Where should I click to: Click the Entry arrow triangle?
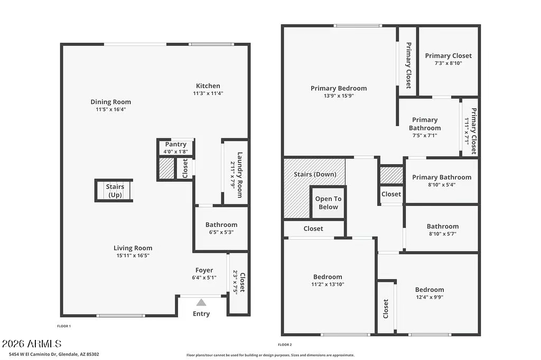click(x=201, y=302)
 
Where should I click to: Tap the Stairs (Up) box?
click(x=114, y=191)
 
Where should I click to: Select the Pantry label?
click(x=175, y=144)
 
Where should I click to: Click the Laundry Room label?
click(x=239, y=175)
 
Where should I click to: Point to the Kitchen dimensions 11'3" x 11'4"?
click(x=208, y=93)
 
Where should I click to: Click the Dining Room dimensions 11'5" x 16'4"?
click(x=110, y=109)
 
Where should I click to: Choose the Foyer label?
click(x=204, y=270)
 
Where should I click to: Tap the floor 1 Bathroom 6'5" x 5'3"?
click(x=221, y=228)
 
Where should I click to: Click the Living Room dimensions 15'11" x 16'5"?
click(x=133, y=255)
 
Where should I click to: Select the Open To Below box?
click(x=328, y=203)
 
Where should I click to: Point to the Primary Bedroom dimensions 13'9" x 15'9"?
click(x=338, y=96)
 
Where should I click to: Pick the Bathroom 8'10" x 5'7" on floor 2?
click(x=442, y=230)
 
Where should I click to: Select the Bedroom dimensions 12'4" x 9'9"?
click(x=429, y=297)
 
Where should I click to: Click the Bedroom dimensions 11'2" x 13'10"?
click(x=328, y=284)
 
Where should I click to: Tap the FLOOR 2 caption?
click(x=285, y=345)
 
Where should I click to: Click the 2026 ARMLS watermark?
click(x=32, y=344)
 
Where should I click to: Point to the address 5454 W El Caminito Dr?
click(x=50, y=354)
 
